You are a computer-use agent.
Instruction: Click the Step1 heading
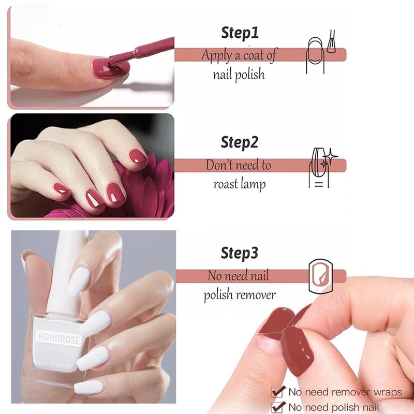coord(240,33)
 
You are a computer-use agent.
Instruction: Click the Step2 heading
coord(239,143)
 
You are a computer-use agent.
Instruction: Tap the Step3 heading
coord(239,253)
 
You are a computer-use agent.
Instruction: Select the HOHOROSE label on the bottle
coord(58,338)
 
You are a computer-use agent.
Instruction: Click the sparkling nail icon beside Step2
coord(322,167)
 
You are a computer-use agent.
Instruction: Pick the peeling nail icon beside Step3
coord(320,276)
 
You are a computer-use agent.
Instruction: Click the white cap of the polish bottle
coord(67,272)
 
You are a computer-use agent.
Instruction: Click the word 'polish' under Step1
coord(249,75)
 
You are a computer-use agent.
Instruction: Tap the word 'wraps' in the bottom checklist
coord(388,393)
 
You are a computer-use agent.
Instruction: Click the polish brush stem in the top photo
coord(142,52)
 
